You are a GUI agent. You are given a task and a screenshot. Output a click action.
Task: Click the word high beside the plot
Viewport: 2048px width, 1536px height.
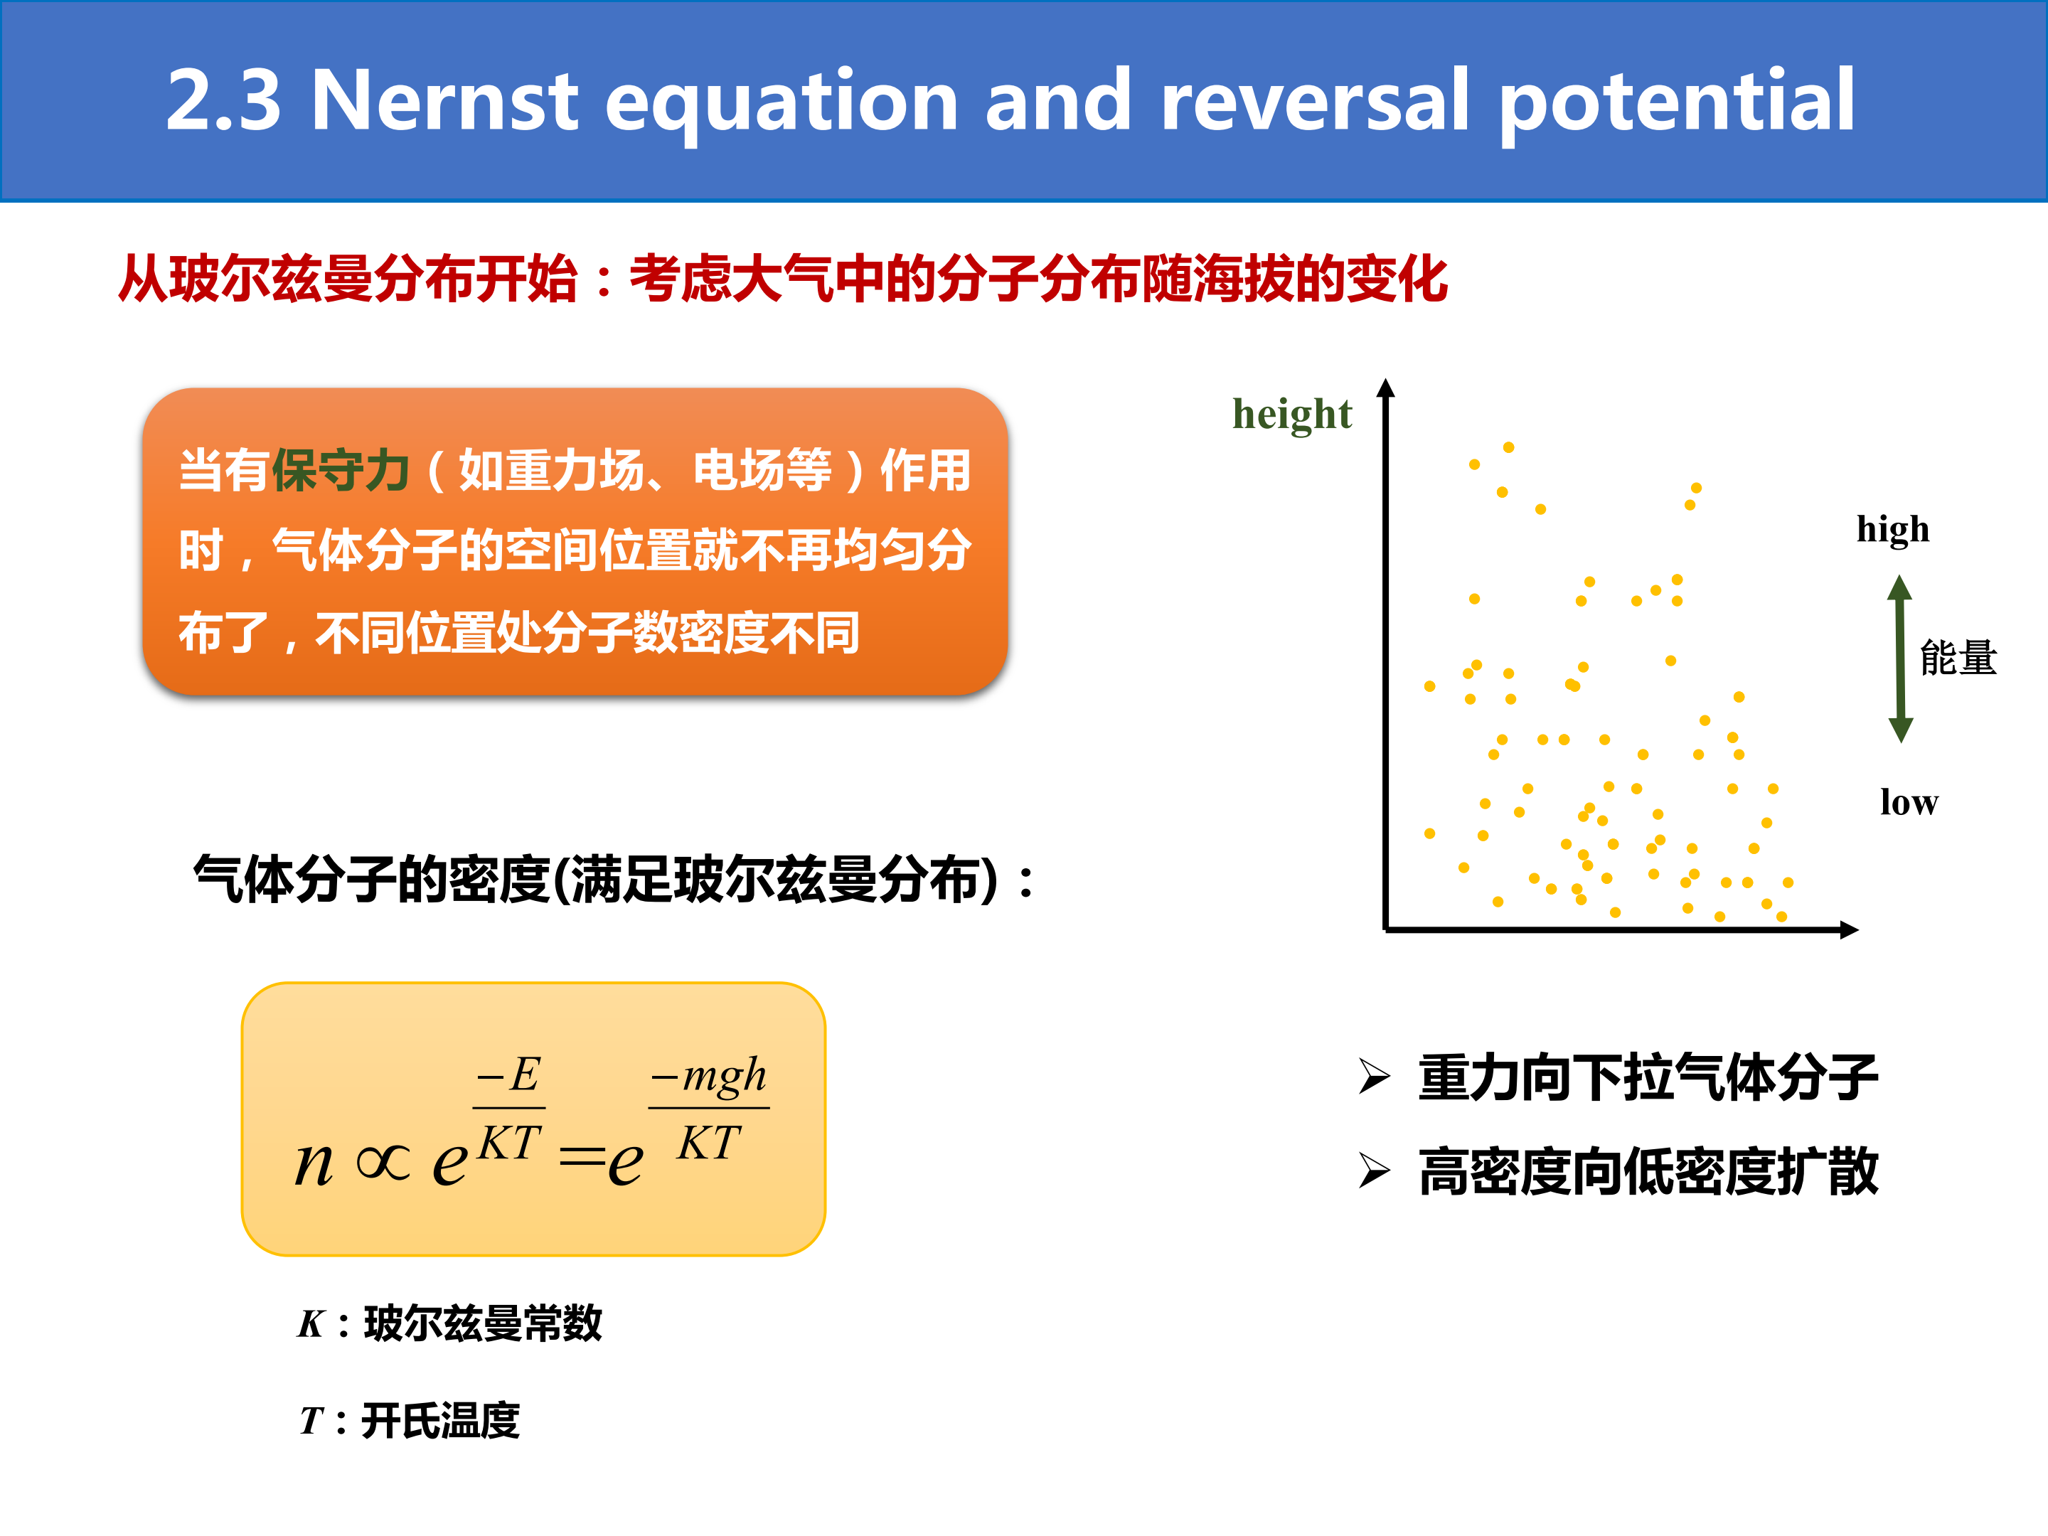pyautogui.click(x=1894, y=530)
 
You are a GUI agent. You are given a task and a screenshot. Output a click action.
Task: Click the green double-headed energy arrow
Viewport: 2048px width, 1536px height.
pyautogui.click(x=1900, y=658)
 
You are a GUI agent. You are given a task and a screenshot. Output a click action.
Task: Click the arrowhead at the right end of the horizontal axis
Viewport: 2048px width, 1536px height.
pyautogui.click(x=1849, y=929)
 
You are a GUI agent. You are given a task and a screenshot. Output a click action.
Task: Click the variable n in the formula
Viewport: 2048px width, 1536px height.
pyautogui.click(x=314, y=1163)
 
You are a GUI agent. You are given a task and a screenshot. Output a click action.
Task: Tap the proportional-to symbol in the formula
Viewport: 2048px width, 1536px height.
pyautogui.click(x=383, y=1163)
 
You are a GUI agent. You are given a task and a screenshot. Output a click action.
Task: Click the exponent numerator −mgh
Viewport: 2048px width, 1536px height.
pyautogui.click(x=708, y=1076)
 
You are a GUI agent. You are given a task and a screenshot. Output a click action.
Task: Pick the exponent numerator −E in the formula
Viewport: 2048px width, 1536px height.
pyautogui.click(x=508, y=1075)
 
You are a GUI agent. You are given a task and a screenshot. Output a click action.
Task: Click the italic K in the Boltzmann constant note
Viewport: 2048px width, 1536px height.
pyautogui.click(x=311, y=1324)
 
